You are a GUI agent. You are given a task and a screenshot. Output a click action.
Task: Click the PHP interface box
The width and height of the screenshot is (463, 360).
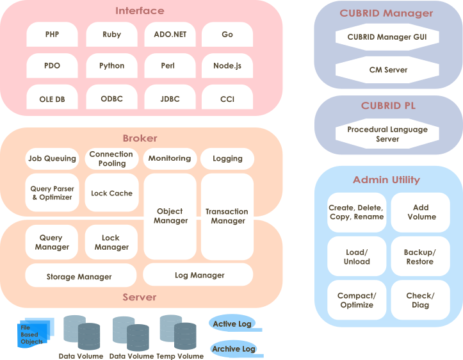click(x=53, y=35)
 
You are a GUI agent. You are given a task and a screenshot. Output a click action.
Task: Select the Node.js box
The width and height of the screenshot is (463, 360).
click(x=227, y=66)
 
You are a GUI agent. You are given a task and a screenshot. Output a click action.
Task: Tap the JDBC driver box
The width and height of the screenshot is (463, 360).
click(x=170, y=99)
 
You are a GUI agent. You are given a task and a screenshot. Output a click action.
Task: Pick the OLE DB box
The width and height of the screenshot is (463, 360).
click(x=53, y=99)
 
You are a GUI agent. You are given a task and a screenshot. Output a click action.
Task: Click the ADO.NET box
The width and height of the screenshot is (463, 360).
click(x=170, y=35)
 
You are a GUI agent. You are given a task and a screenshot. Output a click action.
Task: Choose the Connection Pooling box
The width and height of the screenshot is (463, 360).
click(x=111, y=159)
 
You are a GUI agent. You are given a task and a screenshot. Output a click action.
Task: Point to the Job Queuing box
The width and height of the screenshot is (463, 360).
click(x=52, y=159)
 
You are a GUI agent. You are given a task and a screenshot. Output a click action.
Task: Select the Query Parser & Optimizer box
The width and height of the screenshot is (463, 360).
click(x=52, y=193)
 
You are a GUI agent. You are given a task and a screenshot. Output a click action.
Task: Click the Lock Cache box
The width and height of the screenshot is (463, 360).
click(x=111, y=193)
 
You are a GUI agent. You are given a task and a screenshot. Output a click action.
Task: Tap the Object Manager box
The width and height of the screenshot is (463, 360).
click(x=170, y=216)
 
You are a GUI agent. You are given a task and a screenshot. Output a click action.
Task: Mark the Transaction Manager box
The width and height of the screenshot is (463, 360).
click(x=227, y=216)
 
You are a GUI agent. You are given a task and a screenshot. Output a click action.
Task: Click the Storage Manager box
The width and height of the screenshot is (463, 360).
click(x=79, y=277)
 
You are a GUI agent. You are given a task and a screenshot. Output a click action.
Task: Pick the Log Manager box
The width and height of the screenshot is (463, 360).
click(x=199, y=275)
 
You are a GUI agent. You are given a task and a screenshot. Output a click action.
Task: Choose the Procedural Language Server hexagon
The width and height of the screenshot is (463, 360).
click(x=387, y=134)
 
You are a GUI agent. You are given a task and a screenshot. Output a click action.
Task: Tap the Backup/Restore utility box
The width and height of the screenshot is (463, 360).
click(x=419, y=257)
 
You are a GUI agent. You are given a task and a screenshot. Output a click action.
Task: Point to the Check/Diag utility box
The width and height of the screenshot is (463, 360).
click(x=419, y=300)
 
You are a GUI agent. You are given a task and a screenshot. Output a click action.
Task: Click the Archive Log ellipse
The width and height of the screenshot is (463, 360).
click(x=234, y=349)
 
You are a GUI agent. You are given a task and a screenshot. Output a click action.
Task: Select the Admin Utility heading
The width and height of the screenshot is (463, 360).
click(x=386, y=180)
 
